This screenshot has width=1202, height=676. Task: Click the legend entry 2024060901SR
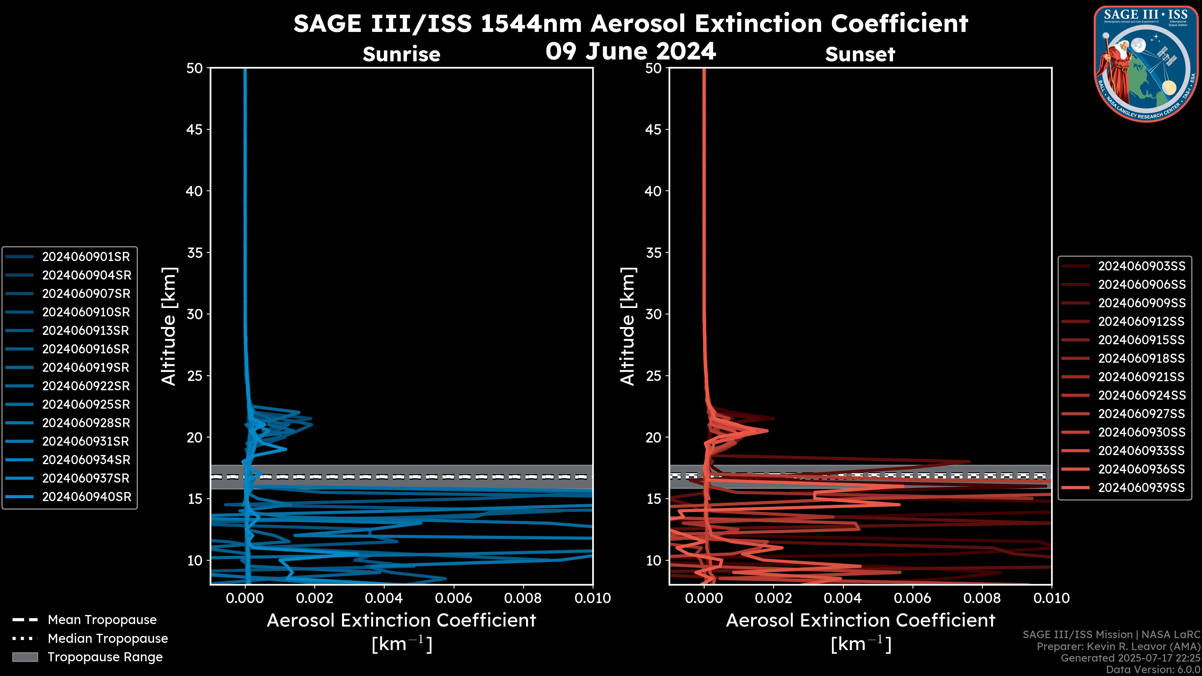(x=86, y=257)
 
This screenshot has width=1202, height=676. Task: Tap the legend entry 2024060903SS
(x=1141, y=266)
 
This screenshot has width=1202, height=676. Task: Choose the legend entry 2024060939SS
(x=1141, y=488)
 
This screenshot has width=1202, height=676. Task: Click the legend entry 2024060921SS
(x=1141, y=376)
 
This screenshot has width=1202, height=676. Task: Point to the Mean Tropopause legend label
(x=102, y=620)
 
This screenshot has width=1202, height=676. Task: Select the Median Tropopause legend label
(x=108, y=638)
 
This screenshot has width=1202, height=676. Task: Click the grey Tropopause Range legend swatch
(x=25, y=657)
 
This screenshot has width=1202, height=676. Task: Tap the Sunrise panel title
(x=401, y=54)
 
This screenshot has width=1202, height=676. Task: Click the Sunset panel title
(x=860, y=54)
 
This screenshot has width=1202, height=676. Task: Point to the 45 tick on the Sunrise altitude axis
(x=195, y=130)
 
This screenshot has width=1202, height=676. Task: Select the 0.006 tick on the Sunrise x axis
(x=454, y=598)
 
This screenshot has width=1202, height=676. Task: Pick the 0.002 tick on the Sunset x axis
(x=774, y=598)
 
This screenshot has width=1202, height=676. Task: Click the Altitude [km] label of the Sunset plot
(x=628, y=326)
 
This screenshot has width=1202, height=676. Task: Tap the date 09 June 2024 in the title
(x=630, y=51)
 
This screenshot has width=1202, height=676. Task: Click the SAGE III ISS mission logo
(x=1146, y=63)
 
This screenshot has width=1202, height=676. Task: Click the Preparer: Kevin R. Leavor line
(x=1118, y=646)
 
